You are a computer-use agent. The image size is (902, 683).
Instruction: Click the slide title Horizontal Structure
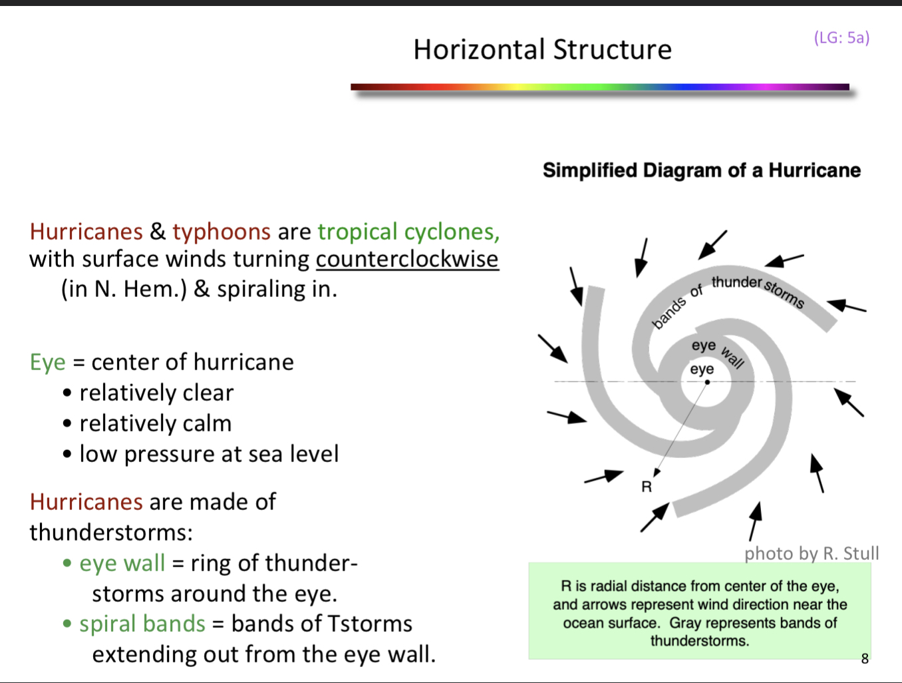point(542,50)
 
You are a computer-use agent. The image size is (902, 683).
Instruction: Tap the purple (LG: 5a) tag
point(841,37)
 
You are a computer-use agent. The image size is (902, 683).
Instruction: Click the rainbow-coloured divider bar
point(599,87)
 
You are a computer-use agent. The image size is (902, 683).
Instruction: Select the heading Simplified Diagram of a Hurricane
point(701,170)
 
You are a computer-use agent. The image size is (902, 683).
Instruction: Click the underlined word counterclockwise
point(406,259)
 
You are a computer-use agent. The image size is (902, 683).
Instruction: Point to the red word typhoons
point(222,232)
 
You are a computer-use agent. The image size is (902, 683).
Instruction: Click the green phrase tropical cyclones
point(408,232)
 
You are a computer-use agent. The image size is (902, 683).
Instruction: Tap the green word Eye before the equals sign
point(47,362)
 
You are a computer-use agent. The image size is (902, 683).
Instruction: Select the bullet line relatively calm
point(155,423)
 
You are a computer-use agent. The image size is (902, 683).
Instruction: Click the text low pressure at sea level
point(209,454)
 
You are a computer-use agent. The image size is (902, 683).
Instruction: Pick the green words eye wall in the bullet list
point(122,563)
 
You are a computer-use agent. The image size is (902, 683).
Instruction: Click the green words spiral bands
point(142,624)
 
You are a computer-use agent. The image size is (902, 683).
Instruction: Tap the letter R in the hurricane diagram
point(647,487)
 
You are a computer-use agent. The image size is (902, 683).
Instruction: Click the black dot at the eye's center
point(707,382)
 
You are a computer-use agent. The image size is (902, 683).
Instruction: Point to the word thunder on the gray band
point(736,282)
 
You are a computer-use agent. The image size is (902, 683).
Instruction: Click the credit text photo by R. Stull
point(812,553)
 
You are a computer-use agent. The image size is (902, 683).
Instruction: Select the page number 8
point(865,658)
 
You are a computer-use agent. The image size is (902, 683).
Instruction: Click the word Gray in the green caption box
point(685,623)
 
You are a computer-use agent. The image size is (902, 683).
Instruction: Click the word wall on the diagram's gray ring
point(732,357)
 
